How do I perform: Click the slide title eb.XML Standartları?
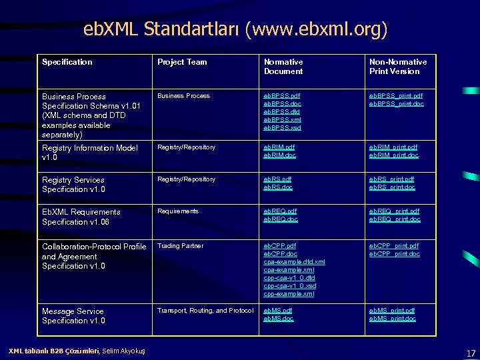(235, 29)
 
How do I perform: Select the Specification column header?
(67, 62)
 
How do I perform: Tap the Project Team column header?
(182, 62)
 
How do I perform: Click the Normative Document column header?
(283, 67)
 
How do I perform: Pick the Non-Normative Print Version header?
(398, 67)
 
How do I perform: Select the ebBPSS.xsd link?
(282, 128)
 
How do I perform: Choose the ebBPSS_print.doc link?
(395, 104)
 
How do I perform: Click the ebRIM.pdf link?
(279, 147)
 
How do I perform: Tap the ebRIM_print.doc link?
(394, 155)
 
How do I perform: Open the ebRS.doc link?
(278, 187)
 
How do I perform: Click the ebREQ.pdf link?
(281, 211)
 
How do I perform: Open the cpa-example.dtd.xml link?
(295, 262)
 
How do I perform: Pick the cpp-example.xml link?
(289, 294)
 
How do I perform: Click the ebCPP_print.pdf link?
(394, 246)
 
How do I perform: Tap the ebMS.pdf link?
(278, 311)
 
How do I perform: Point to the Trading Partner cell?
(180, 246)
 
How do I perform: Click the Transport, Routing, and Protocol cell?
(205, 311)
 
